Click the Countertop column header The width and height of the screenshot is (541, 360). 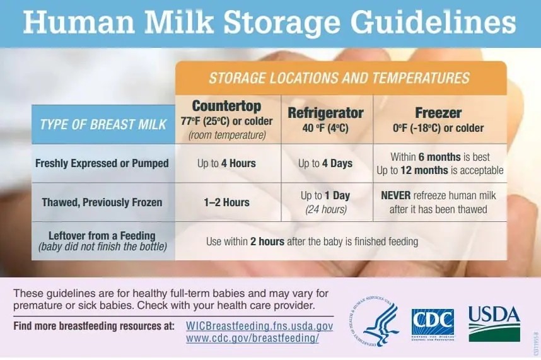226,106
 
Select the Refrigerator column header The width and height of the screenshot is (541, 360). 325,113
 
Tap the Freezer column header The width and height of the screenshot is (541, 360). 438,113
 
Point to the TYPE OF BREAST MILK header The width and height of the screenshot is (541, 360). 103,124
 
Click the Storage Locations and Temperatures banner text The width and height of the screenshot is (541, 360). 339,78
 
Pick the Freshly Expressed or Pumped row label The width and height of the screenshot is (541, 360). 102,163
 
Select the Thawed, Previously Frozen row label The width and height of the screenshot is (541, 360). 102,202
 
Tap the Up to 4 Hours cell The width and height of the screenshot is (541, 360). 226,163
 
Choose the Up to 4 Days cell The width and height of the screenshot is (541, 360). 325,163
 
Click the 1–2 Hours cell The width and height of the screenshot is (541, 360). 226,202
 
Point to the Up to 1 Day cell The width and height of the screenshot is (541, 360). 325,195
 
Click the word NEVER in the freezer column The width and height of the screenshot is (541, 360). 396,195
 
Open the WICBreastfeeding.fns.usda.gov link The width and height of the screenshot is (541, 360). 259,326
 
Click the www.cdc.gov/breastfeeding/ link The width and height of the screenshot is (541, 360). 252,338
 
